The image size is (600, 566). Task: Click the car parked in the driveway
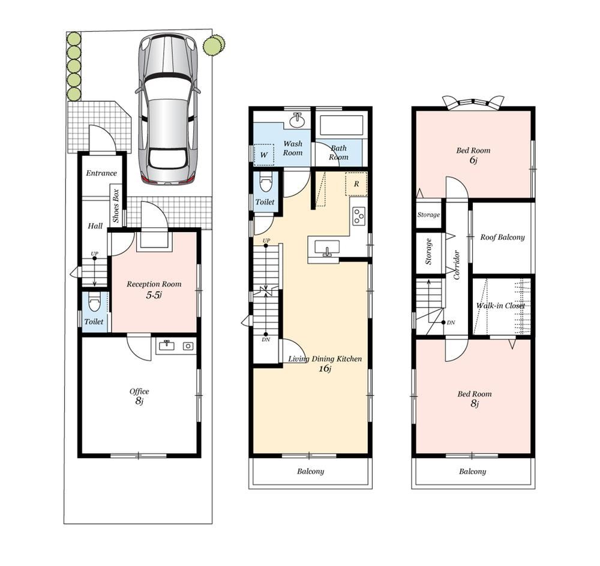[x=167, y=109]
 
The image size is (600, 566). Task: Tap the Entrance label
[x=101, y=173]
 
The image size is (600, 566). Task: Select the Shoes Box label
[x=116, y=206]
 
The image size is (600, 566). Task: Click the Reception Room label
[x=154, y=284]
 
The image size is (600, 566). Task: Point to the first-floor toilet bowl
[x=94, y=303]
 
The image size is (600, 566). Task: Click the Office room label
[x=139, y=392]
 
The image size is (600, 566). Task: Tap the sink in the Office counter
[x=166, y=345]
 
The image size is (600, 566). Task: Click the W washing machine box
[x=264, y=155]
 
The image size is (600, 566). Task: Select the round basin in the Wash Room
[x=297, y=121]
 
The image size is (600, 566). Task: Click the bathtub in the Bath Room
[x=341, y=125]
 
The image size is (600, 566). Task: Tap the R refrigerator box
[x=356, y=183]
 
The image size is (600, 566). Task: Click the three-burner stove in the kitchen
[x=359, y=216]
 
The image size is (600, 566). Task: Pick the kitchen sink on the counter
[x=327, y=248]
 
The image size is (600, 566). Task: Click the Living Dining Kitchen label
[x=325, y=359]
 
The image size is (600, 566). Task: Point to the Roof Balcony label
[x=502, y=237]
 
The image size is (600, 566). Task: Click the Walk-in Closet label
[x=500, y=306]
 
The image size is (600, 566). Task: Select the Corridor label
[x=457, y=265]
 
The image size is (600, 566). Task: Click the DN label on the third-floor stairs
[x=451, y=323]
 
